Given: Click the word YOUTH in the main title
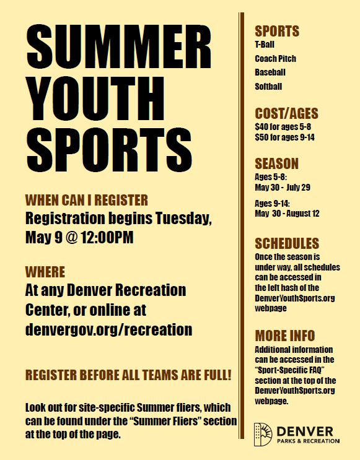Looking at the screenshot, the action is click(95, 99).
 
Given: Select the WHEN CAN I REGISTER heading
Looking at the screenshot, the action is click(87, 200).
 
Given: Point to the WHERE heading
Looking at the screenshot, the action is click(45, 272).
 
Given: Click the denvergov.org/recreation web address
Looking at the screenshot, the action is click(108, 330).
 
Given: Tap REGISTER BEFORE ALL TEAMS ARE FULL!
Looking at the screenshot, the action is click(128, 375).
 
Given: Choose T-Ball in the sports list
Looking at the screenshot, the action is click(265, 45).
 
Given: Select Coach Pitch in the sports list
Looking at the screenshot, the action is click(276, 59).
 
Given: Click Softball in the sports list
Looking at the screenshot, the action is click(268, 87).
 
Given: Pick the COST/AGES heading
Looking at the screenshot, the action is click(287, 113).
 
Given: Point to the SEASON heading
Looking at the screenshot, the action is click(276, 163).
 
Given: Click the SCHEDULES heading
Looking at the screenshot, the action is click(287, 243).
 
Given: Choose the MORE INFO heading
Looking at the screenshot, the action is click(285, 336).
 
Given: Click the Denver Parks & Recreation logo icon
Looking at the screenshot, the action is click(263, 435).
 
